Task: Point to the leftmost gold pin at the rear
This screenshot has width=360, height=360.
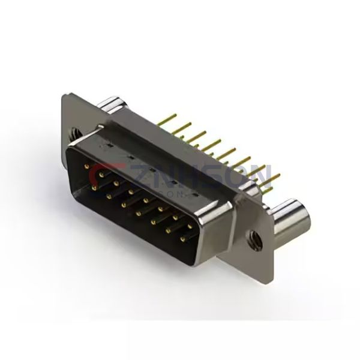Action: click(166, 118)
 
